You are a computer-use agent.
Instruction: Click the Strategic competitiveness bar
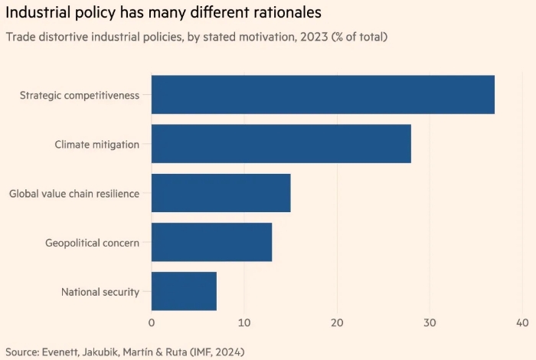pos(323,95)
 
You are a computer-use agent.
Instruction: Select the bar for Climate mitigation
pos(281,144)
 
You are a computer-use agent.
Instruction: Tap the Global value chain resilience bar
pos(221,193)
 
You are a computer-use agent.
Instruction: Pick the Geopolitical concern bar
pos(212,242)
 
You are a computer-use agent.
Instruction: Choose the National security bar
pos(185,291)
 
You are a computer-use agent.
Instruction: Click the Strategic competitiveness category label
pos(80,95)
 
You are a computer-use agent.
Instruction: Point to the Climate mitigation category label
pos(97,144)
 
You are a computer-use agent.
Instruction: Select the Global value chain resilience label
pos(74,194)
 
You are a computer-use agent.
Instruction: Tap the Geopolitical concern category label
pos(93,243)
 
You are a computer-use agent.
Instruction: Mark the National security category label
pos(100,292)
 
